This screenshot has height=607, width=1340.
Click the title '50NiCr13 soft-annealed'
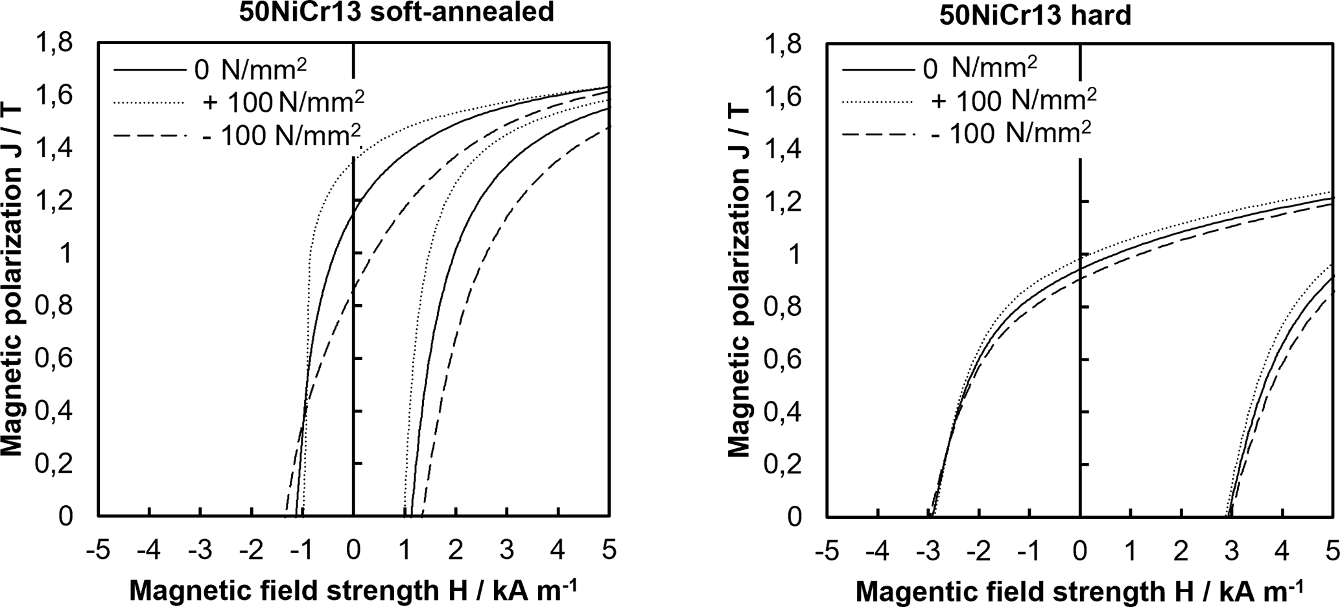point(397,12)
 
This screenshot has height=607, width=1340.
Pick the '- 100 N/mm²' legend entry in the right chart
point(1011,134)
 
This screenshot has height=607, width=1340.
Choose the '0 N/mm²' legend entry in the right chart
point(978,68)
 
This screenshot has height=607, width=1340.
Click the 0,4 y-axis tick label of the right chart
point(784,412)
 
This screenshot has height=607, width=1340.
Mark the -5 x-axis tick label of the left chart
point(98,551)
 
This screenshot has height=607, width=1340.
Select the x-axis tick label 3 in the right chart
point(1231,551)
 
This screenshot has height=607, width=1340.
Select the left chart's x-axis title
point(353,590)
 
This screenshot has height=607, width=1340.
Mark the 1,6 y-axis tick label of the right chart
point(784,97)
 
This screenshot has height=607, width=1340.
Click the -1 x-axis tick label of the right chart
point(1028,551)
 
